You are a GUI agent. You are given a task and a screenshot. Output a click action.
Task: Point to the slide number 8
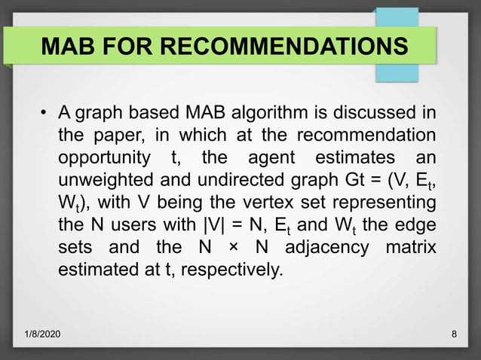click(453, 332)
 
